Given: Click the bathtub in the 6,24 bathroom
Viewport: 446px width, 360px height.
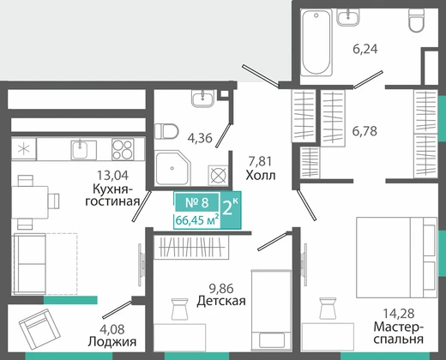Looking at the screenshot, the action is point(316,42).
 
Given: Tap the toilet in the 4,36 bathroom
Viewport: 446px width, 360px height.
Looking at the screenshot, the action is point(166,131).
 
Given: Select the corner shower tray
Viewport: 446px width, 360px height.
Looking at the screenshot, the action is point(172,168).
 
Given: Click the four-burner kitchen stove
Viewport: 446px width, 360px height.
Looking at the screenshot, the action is point(123,149).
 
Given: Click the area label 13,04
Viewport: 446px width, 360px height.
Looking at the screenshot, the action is point(112,175).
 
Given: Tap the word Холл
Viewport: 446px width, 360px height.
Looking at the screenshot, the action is point(261,175).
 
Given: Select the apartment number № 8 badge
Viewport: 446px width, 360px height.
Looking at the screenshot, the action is point(197,202).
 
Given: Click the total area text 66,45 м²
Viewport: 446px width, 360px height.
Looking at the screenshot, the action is point(197,220).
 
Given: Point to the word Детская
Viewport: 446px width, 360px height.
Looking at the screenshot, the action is point(221,301).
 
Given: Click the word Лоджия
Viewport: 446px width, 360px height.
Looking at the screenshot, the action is point(112,341).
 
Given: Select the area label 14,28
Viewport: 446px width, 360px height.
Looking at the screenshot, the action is point(399,314).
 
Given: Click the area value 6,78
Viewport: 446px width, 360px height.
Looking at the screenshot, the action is point(365,131).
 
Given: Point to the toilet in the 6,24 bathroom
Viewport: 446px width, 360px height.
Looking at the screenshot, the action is point(416,20).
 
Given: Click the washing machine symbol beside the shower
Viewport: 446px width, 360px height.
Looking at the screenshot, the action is point(218,175).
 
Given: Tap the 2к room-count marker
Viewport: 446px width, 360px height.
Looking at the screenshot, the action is point(231,207).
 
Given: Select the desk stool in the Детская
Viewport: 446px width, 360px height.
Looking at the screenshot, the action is point(179,309).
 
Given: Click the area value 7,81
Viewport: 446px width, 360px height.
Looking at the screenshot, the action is point(260,161).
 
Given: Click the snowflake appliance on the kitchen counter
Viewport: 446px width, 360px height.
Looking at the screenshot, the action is point(24,149).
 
